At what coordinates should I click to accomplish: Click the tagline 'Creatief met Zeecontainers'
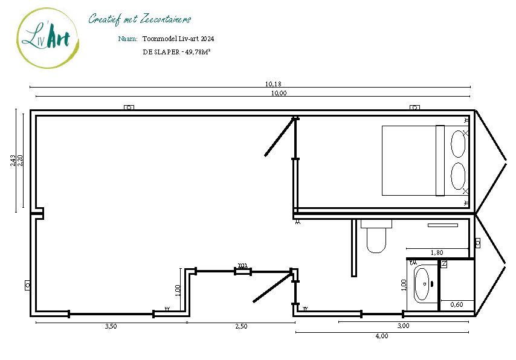(x=140, y=19)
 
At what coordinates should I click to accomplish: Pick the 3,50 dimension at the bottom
(x=111, y=327)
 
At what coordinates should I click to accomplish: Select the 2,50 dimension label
(x=240, y=327)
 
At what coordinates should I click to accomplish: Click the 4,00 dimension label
(x=381, y=336)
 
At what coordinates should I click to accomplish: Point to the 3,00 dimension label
(x=403, y=326)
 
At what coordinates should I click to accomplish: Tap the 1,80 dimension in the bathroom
(x=437, y=252)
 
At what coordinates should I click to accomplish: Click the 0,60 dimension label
(x=457, y=305)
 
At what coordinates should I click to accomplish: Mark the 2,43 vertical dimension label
(x=13, y=161)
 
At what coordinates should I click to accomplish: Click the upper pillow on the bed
(x=459, y=144)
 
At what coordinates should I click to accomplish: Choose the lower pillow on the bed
(x=459, y=176)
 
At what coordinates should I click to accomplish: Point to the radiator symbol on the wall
(x=242, y=266)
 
